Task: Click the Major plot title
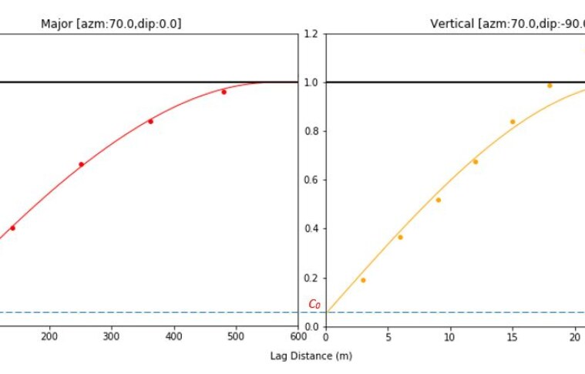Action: tap(111, 24)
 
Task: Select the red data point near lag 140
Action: tap(12, 228)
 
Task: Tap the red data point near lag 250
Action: tap(81, 164)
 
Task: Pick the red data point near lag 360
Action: tap(150, 121)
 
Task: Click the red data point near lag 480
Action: tap(224, 92)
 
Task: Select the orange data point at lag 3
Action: tap(363, 280)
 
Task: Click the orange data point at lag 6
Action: tap(400, 237)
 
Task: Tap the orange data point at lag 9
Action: tap(438, 200)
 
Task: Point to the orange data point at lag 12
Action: tap(475, 161)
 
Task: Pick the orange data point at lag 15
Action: tap(513, 122)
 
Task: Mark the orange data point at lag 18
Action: tap(550, 86)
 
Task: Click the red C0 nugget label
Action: tap(314, 304)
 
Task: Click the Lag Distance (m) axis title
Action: tap(311, 356)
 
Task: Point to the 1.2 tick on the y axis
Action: tap(311, 34)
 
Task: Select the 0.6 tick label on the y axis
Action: tap(311, 180)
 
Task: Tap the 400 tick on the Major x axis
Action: tap(174, 336)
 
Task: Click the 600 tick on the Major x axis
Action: tap(298, 336)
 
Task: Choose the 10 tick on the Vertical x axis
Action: tap(450, 336)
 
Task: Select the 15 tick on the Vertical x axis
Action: tap(513, 336)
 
